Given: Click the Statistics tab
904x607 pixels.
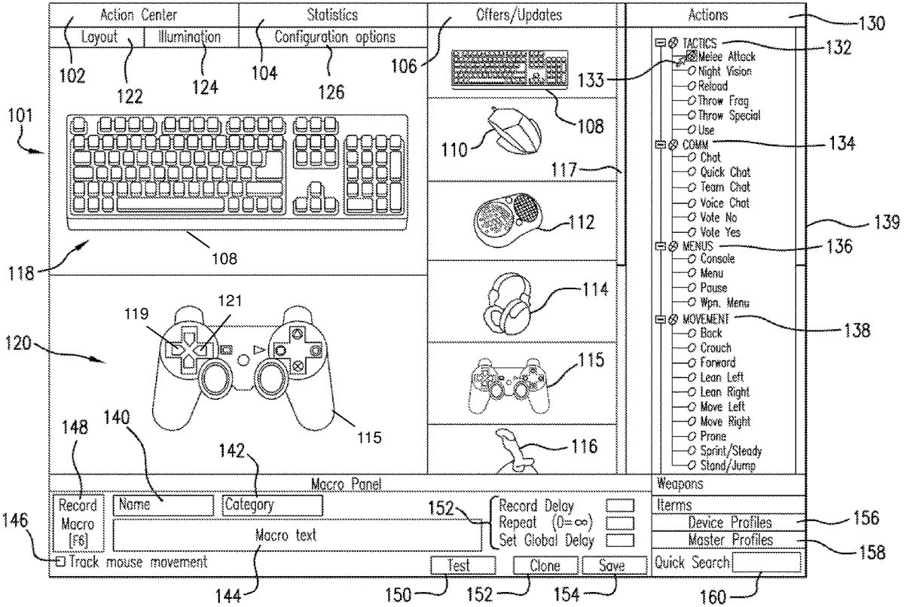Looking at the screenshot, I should [x=332, y=14].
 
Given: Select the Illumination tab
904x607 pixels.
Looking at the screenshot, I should [x=190, y=37].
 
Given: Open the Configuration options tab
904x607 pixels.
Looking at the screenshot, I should [x=334, y=37].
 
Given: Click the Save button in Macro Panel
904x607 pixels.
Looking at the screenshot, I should [x=613, y=566].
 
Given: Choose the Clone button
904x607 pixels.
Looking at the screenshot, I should [x=545, y=566].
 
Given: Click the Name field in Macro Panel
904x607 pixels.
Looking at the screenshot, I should [x=163, y=505].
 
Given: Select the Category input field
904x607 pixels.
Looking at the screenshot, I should [x=272, y=505].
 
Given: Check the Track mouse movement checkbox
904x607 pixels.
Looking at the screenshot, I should [x=60, y=562].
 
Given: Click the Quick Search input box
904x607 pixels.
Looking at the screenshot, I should [x=766, y=562].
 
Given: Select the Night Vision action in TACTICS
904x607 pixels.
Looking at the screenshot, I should [x=724, y=72].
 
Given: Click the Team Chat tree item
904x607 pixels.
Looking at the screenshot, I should [x=725, y=187].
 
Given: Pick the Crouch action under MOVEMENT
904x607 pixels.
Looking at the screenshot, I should [x=715, y=348].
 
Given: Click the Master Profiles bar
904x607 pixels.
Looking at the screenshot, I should [x=729, y=540].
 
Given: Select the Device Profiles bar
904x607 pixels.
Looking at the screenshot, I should [x=729, y=523].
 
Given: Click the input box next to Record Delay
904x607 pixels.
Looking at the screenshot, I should [x=620, y=505].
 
